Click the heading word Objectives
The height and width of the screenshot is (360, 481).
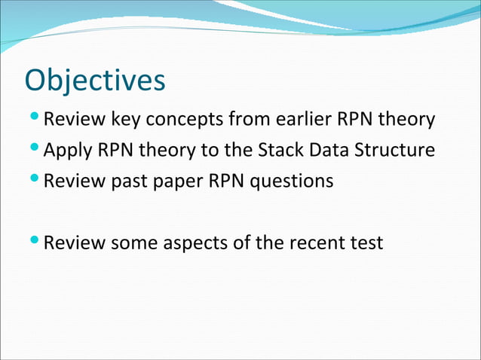click(x=95, y=81)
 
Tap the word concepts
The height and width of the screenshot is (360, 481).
click(x=185, y=120)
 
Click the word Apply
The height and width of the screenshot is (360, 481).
click(x=67, y=151)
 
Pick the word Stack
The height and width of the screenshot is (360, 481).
click(x=283, y=150)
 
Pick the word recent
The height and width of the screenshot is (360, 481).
click(x=317, y=243)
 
